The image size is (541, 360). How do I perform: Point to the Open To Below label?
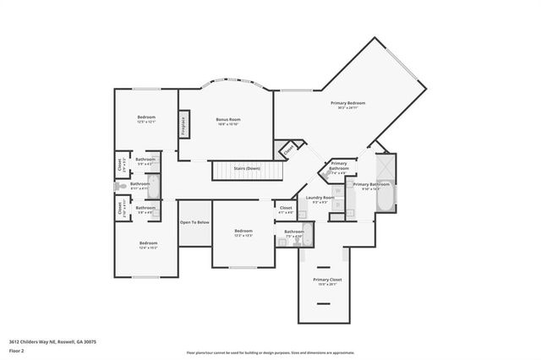[194, 222]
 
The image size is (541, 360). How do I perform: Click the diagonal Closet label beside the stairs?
[288, 150]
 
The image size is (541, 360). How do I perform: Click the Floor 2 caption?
[15, 350]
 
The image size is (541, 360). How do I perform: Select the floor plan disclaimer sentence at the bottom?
[270, 352]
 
